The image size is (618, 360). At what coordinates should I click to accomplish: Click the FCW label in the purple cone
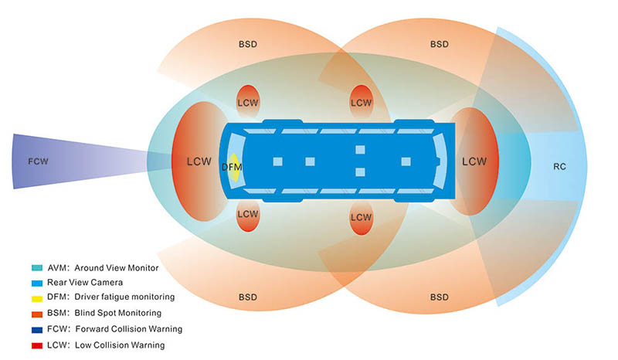[38, 161]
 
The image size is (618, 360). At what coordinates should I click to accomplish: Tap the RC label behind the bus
[559, 167]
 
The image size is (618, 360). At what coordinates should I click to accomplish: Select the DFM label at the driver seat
[232, 167]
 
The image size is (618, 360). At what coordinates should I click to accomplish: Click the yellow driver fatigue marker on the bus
[235, 167]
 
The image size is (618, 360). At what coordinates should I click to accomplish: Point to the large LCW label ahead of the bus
[199, 161]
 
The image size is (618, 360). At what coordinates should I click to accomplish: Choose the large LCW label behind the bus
[474, 161]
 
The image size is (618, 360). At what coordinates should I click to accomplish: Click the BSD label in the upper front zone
[248, 44]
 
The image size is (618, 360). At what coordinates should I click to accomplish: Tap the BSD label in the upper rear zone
[440, 44]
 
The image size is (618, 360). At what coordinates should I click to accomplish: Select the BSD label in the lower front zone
[248, 297]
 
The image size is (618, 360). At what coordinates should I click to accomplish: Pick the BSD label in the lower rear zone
[440, 297]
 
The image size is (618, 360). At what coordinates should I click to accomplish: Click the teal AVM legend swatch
[37, 268]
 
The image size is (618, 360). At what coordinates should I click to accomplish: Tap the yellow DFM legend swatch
[37, 298]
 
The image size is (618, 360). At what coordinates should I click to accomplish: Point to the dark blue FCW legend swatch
[37, 330]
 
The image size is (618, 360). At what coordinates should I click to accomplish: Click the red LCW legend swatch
[37, 346]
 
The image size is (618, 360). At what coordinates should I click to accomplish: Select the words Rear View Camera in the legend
[85, 282]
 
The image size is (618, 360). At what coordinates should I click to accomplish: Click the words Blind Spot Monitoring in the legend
[118, 313]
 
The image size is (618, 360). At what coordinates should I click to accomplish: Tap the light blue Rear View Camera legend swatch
[37, 283]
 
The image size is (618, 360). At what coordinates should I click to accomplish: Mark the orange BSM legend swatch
[37, 314]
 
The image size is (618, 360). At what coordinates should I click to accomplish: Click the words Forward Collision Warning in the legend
[129, 329]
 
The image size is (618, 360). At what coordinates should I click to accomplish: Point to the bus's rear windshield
[440, 161]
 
